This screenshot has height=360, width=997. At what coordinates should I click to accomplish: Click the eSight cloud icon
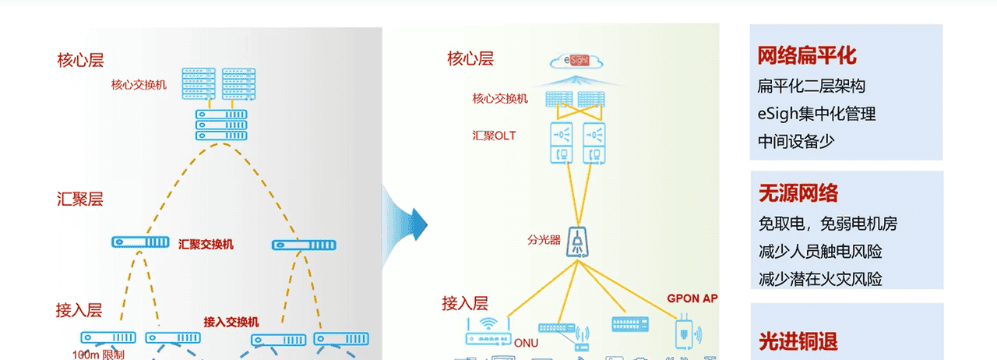click(575, 61)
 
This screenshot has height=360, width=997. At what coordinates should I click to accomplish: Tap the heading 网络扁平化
click(807, 55)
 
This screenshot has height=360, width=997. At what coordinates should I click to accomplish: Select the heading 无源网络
click(798, 193)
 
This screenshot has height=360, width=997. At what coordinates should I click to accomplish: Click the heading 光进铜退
click(798, 341)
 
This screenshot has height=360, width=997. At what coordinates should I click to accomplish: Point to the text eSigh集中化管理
click(816, 114)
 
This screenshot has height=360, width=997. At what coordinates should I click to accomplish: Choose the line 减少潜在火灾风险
click(819, 278)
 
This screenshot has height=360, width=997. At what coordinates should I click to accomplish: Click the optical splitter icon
click(577, 241)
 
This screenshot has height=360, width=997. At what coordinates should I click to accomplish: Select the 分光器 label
click(544, 239)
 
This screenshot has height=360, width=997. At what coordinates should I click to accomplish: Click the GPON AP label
click(692, 298)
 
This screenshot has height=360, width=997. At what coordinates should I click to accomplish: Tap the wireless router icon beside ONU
click(488, 331)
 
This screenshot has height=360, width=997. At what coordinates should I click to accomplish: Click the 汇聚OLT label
click(494, 136)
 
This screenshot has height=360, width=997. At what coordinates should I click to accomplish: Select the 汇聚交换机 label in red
click(206, 244)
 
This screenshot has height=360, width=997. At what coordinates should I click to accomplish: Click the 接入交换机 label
click(231, 321)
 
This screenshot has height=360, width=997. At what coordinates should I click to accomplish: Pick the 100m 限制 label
click(98, 353)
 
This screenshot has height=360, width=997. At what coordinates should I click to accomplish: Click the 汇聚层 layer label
click(79, 199)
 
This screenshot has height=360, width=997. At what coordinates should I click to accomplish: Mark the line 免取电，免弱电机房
click(827, 224)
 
